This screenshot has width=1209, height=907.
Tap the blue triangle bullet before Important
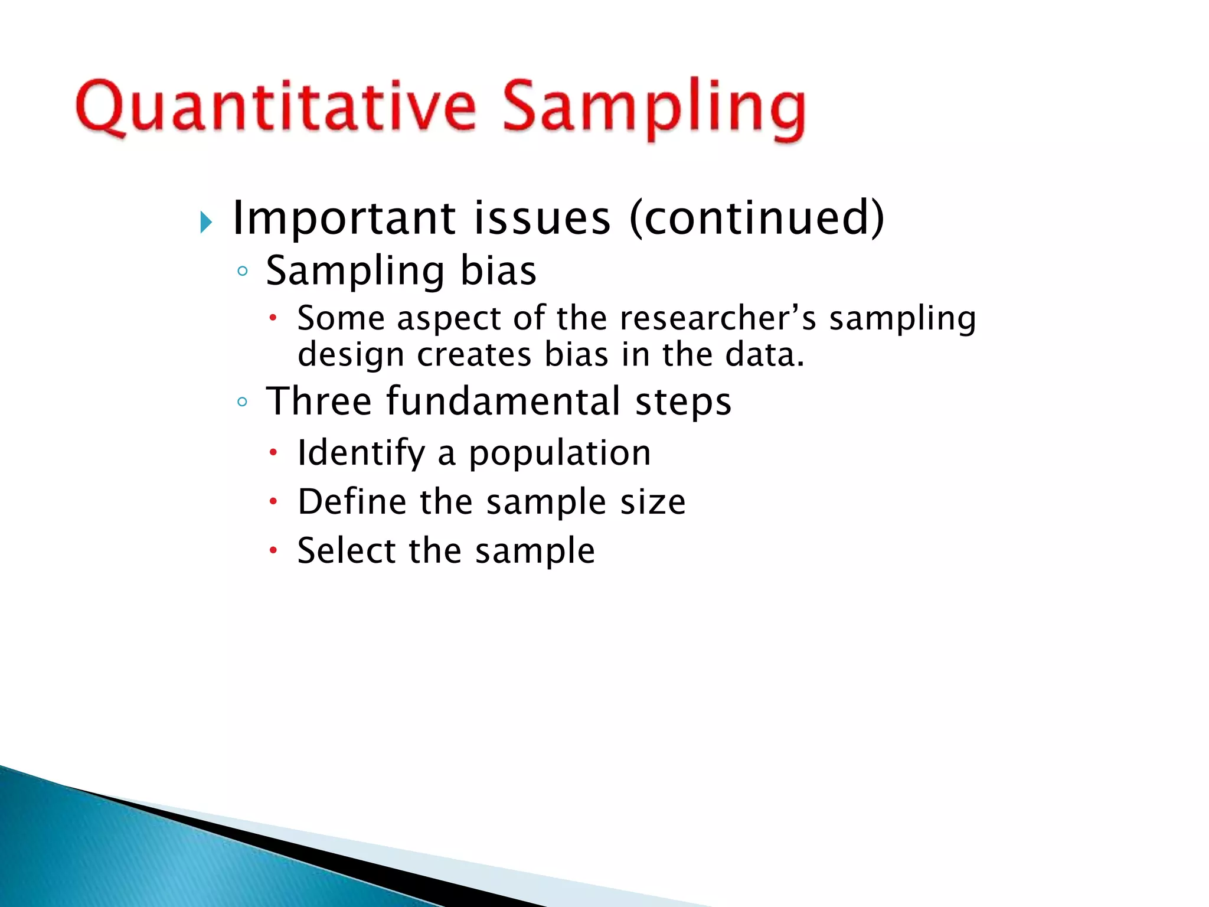click(205, 223)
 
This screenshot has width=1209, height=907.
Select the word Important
click(344, 218)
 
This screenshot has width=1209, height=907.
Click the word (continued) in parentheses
click(757, 218)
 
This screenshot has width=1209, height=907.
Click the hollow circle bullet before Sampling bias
click(242, 272)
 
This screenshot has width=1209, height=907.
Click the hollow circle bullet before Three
click(242, 402)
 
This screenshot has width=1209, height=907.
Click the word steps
click(683, 402)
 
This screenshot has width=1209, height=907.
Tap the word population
click(560, 453)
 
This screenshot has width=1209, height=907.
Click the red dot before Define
click(273, 502)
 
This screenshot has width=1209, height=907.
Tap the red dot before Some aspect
click(273, 318)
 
